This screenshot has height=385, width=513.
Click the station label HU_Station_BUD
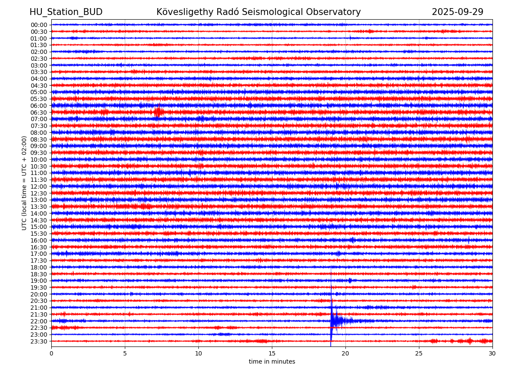tap(66, 12)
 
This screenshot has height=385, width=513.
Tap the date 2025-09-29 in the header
tap(457, 12)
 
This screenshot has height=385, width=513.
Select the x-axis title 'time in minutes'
tap(272, 361)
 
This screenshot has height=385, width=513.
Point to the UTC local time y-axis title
tap(24, 183)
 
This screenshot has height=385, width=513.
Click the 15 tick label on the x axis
tap(272, 353)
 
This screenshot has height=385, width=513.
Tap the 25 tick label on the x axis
tap(419, 353)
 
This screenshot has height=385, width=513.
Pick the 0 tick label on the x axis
tap(51, 353)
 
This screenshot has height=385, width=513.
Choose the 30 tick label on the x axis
tap(492, 353)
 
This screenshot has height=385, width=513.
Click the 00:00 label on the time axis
tap(38, 25)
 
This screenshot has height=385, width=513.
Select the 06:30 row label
tap(38, 113)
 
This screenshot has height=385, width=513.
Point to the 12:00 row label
tap(38, 187)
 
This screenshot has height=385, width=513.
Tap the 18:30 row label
tap(38, 274)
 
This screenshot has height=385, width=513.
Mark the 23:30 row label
tap(38, 341)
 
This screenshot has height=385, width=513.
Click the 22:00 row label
tap(38, 321)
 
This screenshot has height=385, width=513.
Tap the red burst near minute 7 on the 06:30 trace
tap(158, 113)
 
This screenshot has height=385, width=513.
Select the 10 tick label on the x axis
tap(198, 353)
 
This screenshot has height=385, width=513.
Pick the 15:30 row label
tap(38, 234)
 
